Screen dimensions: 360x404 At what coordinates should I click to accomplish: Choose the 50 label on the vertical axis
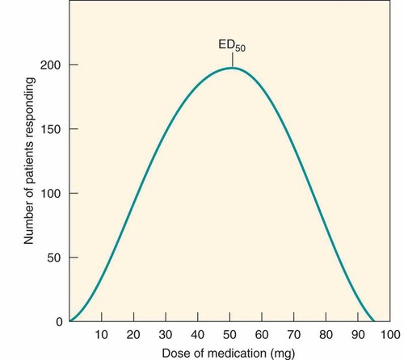coord(54,258)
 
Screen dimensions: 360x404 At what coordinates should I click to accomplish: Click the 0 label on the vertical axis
coord(59,322)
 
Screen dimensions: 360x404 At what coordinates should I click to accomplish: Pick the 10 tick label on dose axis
coord(102,335)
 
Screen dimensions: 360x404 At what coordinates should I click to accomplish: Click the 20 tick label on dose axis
coord(133,335)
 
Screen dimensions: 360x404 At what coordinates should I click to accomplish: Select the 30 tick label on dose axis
coord(166,335)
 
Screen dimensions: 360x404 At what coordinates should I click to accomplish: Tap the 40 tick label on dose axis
coord(197,335)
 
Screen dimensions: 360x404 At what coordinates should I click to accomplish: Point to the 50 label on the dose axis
coord(229,335)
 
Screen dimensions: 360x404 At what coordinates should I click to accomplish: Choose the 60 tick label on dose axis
coord(262,335)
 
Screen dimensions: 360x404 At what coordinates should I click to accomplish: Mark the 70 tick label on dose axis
coord(293,335)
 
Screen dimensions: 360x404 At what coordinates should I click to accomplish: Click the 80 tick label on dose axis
coord(326,335)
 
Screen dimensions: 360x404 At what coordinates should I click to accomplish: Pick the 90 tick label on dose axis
coord(357,335)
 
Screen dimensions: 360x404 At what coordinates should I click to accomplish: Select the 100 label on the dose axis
coord(390,335)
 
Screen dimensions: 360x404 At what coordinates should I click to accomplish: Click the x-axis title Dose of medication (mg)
coord(228,353)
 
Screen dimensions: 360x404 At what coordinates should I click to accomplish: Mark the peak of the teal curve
coord(232,68)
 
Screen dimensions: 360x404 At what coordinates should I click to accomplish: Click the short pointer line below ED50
coord(232,60)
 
